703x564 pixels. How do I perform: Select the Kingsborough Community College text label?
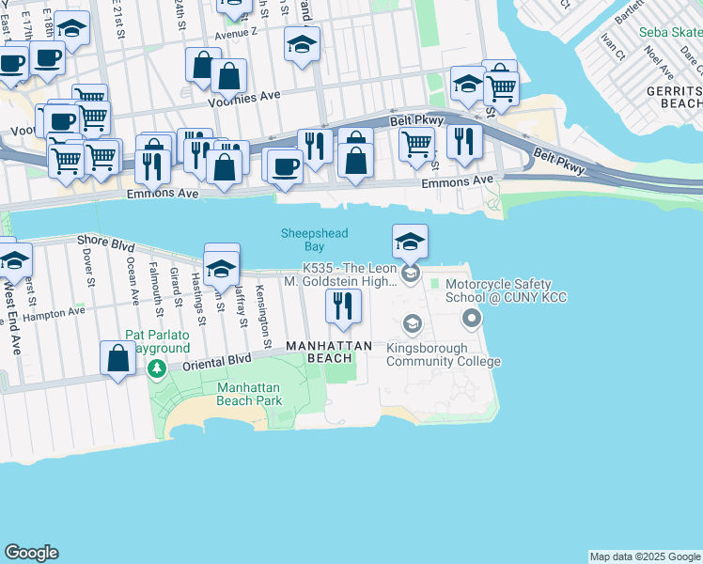444,354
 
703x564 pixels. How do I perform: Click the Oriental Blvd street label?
218,360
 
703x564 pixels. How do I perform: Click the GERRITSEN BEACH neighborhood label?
675,98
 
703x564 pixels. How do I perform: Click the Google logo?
31,553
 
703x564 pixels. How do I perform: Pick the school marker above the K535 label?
410,243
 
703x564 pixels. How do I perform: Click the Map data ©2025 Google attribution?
645,556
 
